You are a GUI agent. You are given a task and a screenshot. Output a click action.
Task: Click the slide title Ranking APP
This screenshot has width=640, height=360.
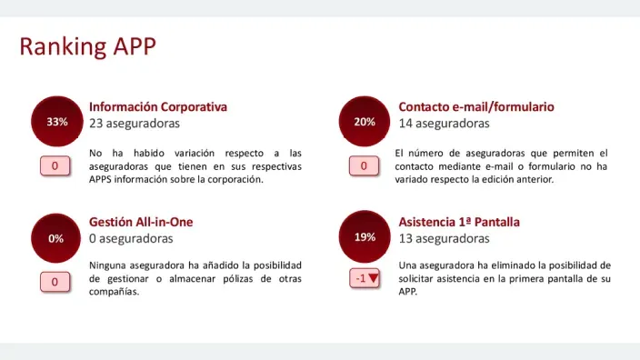point(88,46)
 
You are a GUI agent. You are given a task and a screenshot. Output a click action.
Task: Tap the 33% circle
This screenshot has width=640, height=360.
point(57,122)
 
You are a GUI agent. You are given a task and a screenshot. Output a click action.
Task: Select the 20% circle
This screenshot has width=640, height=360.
point(365,122)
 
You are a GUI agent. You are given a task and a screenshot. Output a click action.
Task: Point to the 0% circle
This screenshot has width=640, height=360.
point(56,238)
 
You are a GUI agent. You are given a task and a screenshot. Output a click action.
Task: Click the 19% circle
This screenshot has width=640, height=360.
point(365,237)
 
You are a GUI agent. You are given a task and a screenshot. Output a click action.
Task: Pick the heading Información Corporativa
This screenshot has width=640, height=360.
point(158,106)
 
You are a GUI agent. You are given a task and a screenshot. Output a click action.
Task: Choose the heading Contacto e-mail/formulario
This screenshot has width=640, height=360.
point(476,106)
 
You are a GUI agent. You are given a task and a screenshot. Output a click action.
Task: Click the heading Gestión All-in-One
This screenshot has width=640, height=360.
point(141,222)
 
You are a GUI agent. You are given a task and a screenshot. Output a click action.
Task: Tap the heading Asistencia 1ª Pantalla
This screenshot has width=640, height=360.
point(459,222)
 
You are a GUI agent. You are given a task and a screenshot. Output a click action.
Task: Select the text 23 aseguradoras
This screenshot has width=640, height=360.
point(135,123)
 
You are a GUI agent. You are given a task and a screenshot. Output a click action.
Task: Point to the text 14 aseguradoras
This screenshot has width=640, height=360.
point(444,123)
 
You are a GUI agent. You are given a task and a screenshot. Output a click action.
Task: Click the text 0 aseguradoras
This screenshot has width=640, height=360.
point(131,238)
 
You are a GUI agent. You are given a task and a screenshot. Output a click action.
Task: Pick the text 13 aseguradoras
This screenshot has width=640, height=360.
point(444,238)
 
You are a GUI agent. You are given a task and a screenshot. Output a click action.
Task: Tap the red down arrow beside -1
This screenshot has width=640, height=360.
point(373,278)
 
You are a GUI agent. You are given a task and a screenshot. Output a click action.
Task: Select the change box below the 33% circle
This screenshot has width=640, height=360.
point(55,165)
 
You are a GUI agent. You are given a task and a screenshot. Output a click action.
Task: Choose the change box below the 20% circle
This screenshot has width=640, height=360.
point(364,165)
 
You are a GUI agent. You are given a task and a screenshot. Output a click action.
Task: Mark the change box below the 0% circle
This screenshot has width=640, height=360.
point(55,282)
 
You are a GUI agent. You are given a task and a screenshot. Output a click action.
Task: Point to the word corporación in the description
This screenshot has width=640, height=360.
point(233,179)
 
